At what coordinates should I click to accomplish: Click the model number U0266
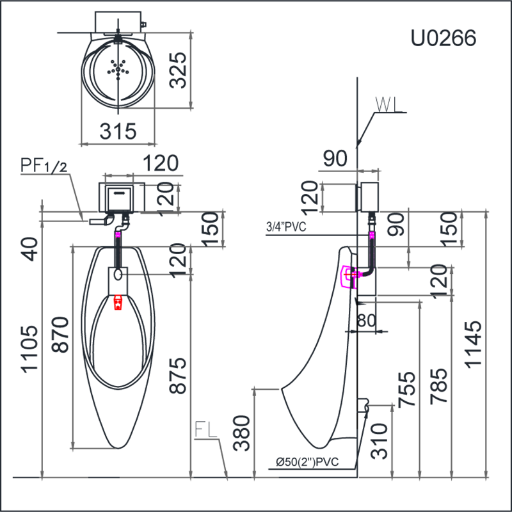[x=443, y=38]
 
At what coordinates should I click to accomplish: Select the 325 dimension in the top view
[x=179, y=70]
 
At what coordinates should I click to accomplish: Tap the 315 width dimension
[x=118, y=131]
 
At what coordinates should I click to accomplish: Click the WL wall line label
[x=388, y=104]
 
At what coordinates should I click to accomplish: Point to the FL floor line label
[x=205, y=429]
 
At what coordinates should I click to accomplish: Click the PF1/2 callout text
[x=44, y=165]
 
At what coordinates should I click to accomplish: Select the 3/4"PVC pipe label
[x=286, y=227]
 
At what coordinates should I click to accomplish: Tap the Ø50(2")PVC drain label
[x=307, y=461]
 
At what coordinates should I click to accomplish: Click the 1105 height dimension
[x=29, y=349]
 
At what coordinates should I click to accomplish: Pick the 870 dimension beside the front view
[x=60, y=334]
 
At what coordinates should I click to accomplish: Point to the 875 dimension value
[x=178, y=375]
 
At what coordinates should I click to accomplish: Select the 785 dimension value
[x=438, y=387]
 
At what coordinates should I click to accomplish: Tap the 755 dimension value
[x=407, y=389]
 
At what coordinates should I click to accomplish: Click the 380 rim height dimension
[x=242, y=433]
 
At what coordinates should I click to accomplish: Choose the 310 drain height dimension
[x=380, y=441]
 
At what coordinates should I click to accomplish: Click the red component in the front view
[x=118, y=302]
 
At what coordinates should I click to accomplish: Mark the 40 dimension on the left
[x=29, y=250]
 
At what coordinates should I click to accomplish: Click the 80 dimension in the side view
[x=366, y=321]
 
